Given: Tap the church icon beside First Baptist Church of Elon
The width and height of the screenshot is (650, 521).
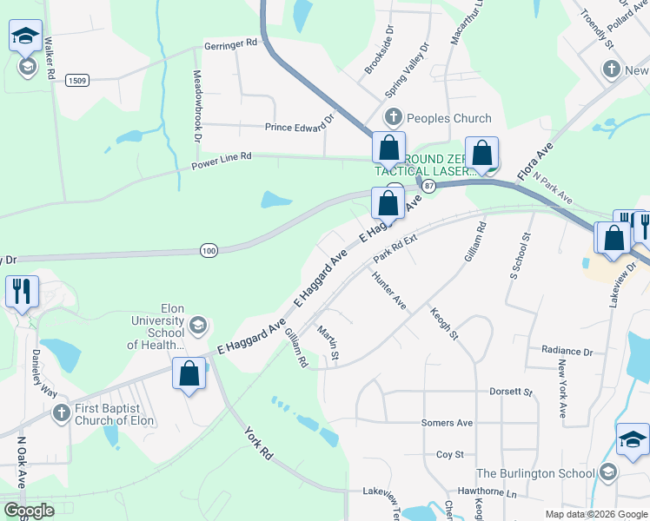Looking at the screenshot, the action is [x=61, y=412].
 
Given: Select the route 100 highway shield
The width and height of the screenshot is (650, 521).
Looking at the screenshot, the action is [x=208, y=250].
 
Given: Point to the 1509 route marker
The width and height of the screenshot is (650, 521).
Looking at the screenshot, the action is [x=76, y=81].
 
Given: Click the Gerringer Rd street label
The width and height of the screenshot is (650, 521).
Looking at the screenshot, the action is [x=230, y=42].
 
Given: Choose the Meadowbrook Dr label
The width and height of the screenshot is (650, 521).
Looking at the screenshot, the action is [x=197, y=106].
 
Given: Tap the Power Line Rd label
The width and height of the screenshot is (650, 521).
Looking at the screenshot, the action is [x=222, y=156].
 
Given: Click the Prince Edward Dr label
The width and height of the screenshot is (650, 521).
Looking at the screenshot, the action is [x=299, y=127].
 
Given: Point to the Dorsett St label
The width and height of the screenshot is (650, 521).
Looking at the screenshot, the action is [x=510, y=392].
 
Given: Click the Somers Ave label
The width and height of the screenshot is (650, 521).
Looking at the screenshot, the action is [x=447, y=423].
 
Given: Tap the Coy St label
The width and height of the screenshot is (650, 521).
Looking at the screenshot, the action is [x=450, y=454].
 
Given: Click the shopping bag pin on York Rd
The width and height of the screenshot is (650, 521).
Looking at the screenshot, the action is [x=189, y=374].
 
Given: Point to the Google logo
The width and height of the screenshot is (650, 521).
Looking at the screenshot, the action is [x=30, y=511].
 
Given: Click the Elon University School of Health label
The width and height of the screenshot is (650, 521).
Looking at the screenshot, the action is [x=156, y=326].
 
